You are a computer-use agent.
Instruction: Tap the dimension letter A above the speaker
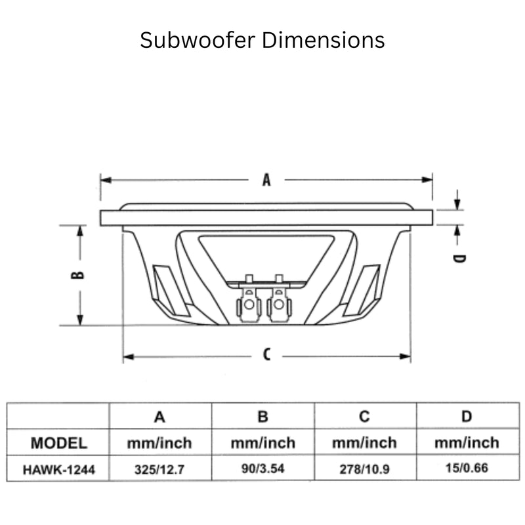[x=266, y=179]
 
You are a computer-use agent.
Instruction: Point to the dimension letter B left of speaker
[x=78, y=274]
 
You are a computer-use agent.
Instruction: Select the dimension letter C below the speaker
[x=266, y=355]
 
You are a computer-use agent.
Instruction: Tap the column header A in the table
[x=159, y=416]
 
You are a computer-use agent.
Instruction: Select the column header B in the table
[x=262, y=416]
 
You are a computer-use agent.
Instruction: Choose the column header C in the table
[x=365, y=416]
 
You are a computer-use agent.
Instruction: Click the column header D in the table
[x=467, y=416]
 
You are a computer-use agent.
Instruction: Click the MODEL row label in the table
[x=58, y=442]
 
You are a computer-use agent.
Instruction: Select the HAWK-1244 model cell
[x=58, y=469]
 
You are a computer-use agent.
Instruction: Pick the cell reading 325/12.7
[x=159, y=469]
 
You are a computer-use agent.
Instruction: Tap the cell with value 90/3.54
[x=262, y=469]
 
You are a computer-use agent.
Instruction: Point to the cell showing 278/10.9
[x=365, y=469]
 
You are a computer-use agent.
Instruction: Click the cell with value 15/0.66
[x=467, y=469]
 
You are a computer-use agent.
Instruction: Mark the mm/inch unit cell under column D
[x=467, y=442]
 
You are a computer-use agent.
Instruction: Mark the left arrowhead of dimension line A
[x=104, y=179]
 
